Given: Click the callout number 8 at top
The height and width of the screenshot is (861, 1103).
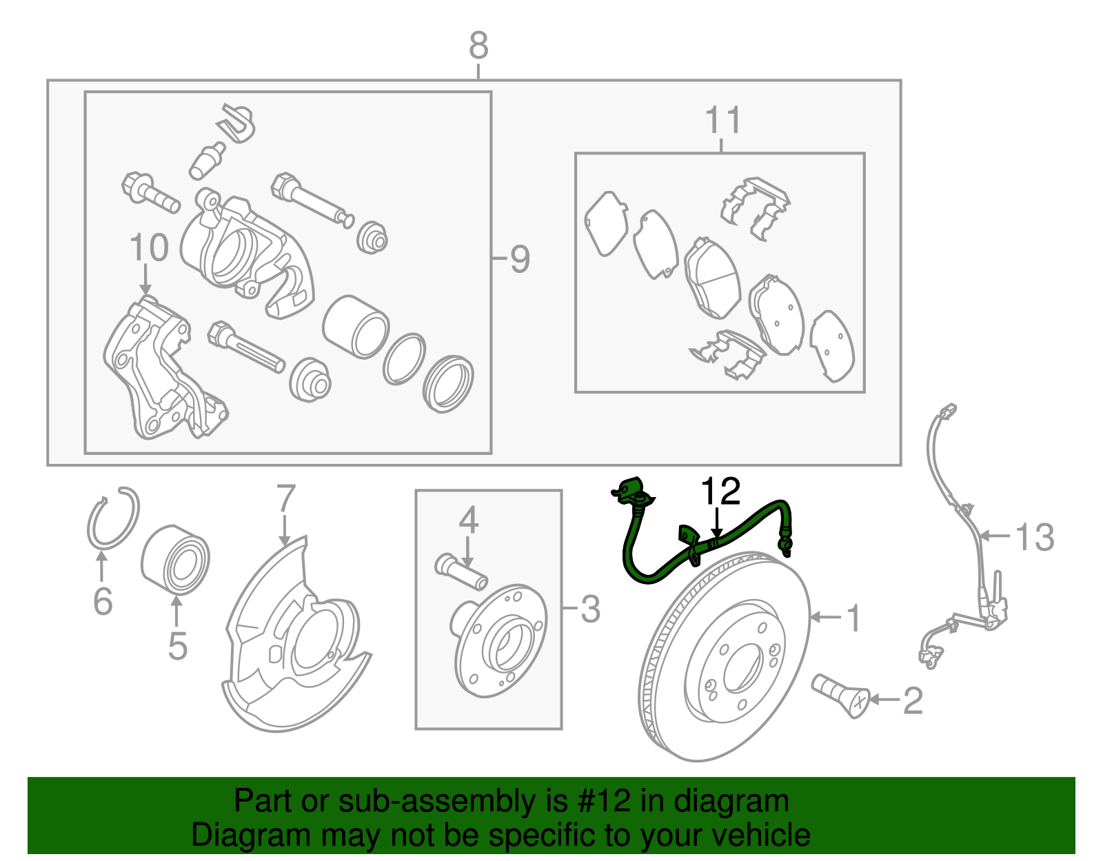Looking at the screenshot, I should click(478, 46).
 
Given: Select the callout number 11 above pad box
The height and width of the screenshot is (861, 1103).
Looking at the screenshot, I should click(723, 121).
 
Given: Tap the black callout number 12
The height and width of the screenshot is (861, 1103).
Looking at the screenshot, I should click(720, 491).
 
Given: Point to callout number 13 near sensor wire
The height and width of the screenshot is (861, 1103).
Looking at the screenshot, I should click(1035, 537).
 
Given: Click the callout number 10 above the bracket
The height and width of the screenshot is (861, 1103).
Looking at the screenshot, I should click(149, 247).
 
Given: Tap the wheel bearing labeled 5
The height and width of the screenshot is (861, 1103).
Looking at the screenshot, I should click(176, 560).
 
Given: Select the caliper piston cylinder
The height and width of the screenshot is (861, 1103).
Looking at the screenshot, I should click(356, 326).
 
